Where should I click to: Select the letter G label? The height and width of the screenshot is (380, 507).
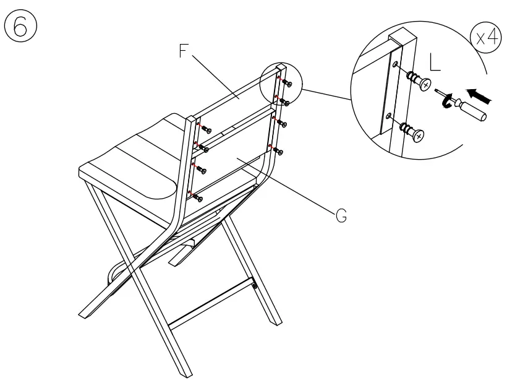coord(340,215)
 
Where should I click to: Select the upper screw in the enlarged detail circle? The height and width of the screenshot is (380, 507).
coord(417,79)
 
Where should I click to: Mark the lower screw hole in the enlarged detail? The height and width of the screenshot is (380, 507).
coord(389,116)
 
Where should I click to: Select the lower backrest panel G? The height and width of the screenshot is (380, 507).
coord(232,155)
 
